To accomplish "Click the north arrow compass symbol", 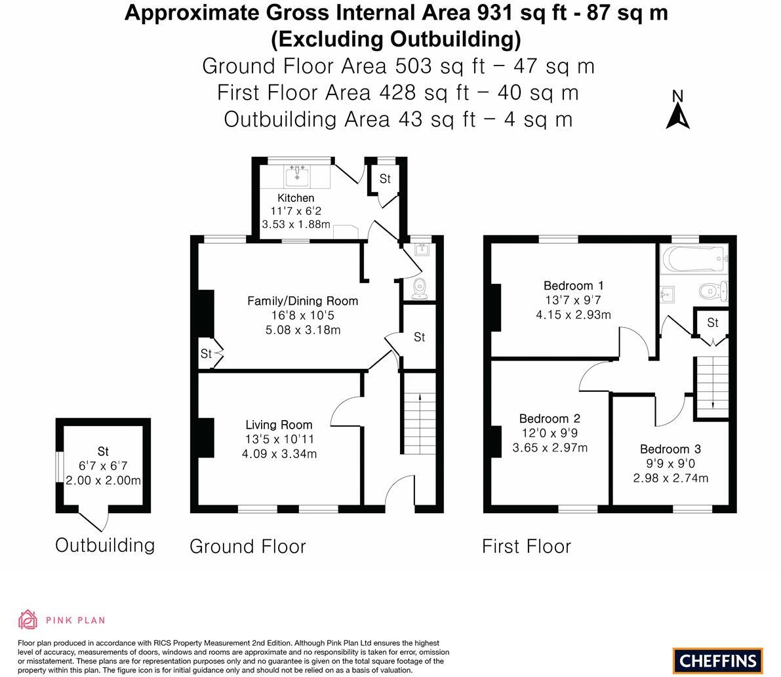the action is pos(677,110).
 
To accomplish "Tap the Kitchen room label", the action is pos(296,198).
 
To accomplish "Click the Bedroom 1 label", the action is pos(573,286).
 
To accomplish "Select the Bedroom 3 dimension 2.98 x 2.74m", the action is pos(670,478).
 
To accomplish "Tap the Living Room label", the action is pos(279,425).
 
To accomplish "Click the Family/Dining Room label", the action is pos(303,301).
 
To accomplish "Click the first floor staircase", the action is pos(713,382).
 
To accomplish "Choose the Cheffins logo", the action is pos(718,661).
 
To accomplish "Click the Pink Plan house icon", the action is pos(28,619).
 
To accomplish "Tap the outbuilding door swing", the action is pos(94,520).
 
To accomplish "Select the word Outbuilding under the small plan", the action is pos(105,545).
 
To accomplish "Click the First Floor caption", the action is pos(527,546).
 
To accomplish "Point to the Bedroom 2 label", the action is pos(550,419).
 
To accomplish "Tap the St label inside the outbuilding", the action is pos(103,451).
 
